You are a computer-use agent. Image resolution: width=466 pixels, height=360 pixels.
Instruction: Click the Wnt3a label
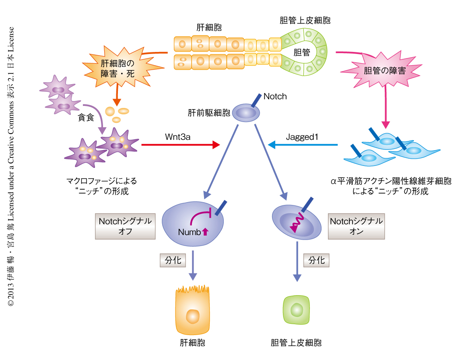point(177,137)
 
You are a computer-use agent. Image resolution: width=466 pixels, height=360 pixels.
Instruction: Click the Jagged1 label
point(302,137)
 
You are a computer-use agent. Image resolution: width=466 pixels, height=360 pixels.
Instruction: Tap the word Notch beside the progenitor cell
point(275,97)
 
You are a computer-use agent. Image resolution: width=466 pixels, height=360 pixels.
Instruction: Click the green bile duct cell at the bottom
point(297,310)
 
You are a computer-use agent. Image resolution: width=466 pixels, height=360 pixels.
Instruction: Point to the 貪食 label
point(86,119)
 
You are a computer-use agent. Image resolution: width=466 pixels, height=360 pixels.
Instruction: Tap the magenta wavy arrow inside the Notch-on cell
point(296,223)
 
